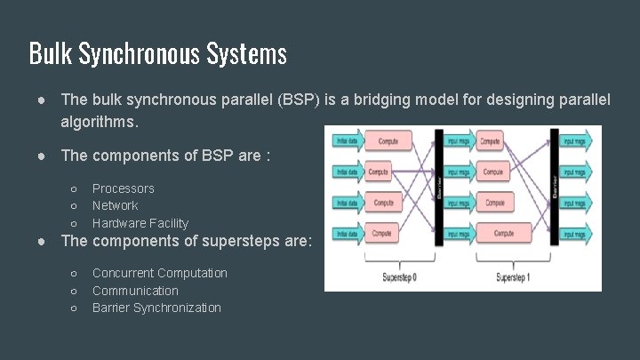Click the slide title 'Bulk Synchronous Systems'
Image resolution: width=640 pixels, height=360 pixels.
coord(157,54)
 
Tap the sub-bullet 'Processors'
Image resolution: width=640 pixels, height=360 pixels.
coord(123,188)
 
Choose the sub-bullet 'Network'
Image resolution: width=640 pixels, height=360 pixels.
coord(115,205)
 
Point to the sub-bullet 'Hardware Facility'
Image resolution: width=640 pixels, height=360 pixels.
coord(140,223)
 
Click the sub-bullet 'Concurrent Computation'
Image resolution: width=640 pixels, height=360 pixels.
coord(159,273)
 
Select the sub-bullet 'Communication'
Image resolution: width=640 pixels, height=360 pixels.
coord(135,291)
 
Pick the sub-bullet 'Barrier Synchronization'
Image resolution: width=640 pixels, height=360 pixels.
coord(156,308)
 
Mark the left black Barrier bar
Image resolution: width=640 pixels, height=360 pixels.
coord(438,187)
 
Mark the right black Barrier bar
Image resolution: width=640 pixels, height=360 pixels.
coord(555,187)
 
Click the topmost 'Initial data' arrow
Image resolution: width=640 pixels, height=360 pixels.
coord(347,141)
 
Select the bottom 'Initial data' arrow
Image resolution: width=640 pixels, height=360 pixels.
coord(347,234)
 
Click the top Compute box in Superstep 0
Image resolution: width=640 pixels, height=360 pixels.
coord(389,141)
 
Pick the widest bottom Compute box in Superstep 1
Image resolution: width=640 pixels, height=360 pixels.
coord(503,234)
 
